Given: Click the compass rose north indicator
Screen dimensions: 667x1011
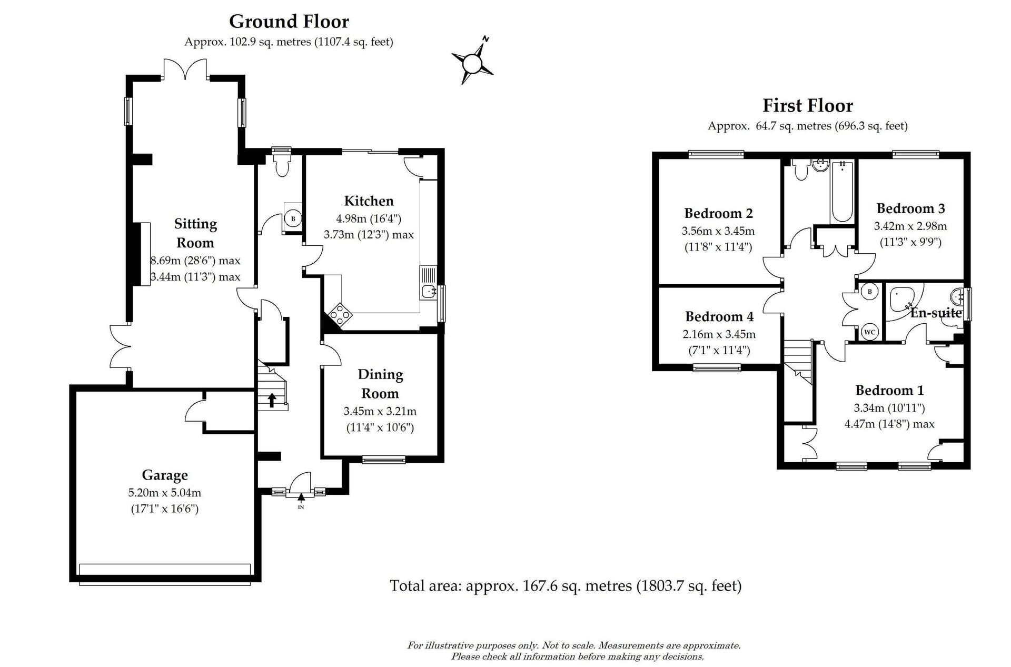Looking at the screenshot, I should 485,39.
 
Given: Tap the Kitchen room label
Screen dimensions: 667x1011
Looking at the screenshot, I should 369,201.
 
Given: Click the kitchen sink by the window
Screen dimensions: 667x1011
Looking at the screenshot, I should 429,291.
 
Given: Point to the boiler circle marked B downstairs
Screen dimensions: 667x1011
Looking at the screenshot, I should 293,218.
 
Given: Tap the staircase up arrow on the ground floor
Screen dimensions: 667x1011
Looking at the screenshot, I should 272,400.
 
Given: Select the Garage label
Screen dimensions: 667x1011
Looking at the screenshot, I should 165,475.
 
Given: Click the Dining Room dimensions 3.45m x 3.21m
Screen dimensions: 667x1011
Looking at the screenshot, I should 380,411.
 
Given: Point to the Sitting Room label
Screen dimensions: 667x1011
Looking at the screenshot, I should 195,233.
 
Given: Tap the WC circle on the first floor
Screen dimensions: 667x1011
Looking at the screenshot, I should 870,332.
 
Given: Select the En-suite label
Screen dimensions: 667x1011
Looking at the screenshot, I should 936,313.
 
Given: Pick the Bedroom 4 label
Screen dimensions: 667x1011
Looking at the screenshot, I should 719,316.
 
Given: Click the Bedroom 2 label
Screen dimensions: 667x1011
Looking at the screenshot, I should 718,213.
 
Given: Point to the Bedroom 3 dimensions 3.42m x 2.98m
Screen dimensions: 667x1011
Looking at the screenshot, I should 910,226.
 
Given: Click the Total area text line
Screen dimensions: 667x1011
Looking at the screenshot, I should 566,585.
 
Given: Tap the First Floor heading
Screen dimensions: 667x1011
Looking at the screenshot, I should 808,106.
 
